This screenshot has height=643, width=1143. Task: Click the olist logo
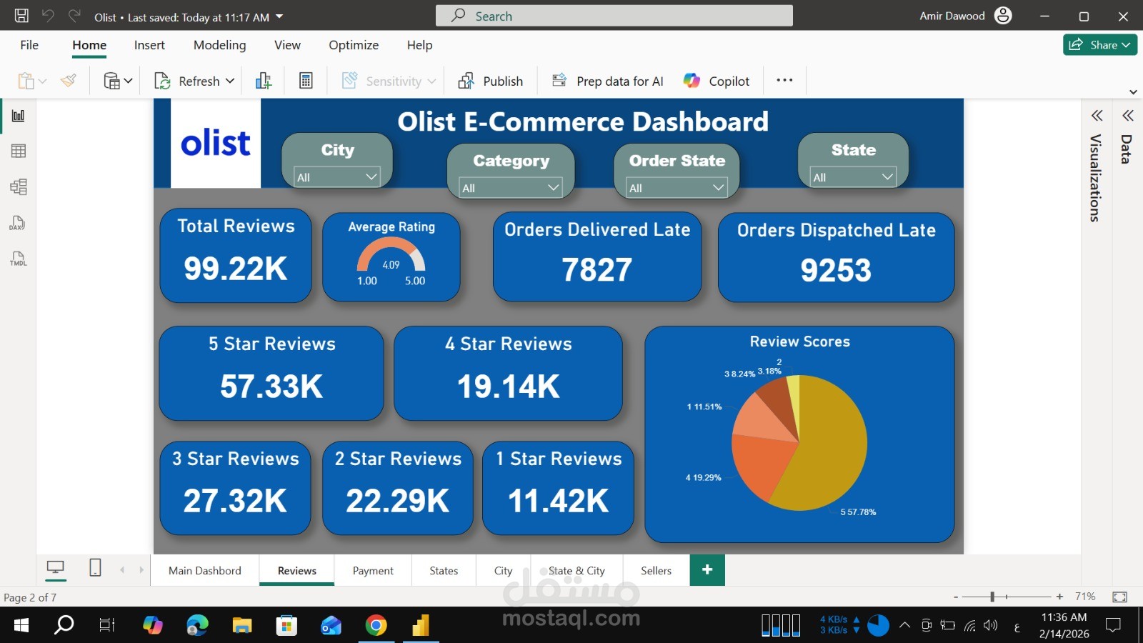[215, 144]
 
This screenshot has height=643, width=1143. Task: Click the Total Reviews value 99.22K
[235, 269]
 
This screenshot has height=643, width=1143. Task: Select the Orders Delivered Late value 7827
[597, 270]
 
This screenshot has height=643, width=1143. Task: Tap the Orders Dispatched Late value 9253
[835, 270]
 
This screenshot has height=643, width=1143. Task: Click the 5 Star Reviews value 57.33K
[271, 387]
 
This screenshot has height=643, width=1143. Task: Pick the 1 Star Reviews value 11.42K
[558, 501]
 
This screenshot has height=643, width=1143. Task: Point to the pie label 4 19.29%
[704, 477]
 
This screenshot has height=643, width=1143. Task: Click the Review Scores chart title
[799, 342]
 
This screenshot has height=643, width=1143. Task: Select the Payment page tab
[373, 570]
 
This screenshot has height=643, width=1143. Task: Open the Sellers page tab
[656, 570]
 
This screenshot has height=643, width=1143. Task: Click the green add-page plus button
[707, 569]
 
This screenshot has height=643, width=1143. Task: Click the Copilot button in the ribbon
[717, 81]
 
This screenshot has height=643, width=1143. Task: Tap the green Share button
[1099, 45]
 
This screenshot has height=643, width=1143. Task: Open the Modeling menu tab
[219, 45]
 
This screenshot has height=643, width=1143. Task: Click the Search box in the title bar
[614, 16]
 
